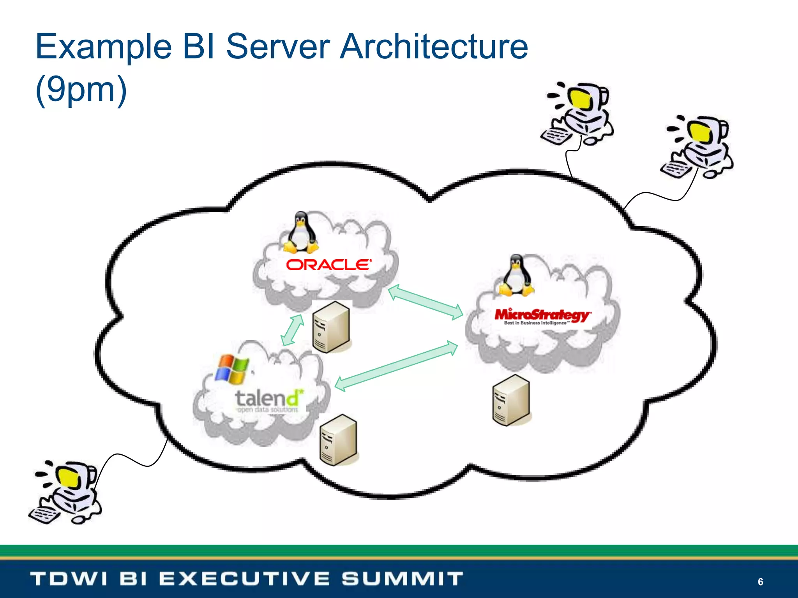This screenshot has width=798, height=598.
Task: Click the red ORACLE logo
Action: click(x=328, y=265)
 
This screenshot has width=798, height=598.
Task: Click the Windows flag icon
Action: click(x=232, y=369)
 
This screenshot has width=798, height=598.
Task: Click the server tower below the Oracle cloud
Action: click(x=332, y=327)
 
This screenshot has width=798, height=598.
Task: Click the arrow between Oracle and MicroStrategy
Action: click(x=425, y=302)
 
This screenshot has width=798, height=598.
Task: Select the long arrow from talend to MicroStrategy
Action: click(x=396, y=366)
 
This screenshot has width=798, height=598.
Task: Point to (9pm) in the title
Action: click(x=81, y=90)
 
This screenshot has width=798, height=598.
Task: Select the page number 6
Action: click(x=760, y=582)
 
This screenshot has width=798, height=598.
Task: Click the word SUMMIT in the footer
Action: click(x=403, y=579)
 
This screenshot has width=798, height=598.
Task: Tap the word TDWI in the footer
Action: click(x=69, y=579)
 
